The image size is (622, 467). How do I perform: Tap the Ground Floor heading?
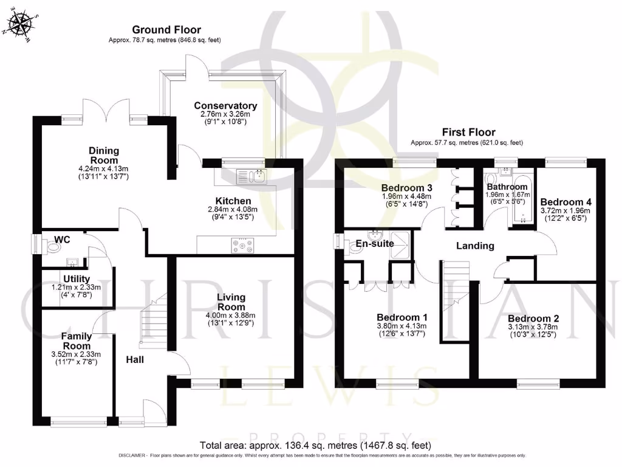(166, 29)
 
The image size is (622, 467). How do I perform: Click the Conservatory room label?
(225, 105)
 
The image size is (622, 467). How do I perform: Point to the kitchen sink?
(251, 176)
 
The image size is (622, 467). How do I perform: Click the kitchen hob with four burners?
(243, 246)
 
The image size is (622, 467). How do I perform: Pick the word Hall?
(135, 360)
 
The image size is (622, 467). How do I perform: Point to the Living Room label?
(231, 302)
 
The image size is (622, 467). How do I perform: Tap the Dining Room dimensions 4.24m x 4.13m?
(104, 168)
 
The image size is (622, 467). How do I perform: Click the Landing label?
(475, 246)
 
